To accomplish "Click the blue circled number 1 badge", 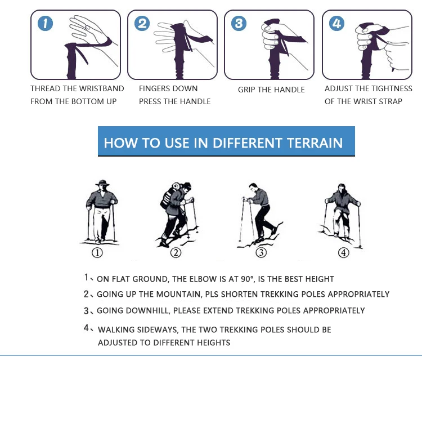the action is point(45,23).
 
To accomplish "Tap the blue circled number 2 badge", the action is point(142,23).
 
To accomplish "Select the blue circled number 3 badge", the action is point(239,23).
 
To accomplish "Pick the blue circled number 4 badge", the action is point(336,23).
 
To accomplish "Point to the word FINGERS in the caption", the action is point(153,88).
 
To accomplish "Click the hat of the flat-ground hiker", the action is point(102,183).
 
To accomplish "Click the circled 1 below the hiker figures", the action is point(97,252).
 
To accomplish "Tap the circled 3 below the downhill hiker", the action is point(261,252).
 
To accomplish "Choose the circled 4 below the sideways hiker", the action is point(344,252).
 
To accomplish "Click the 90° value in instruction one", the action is point(247,279).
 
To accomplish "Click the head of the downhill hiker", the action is point(253,187).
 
